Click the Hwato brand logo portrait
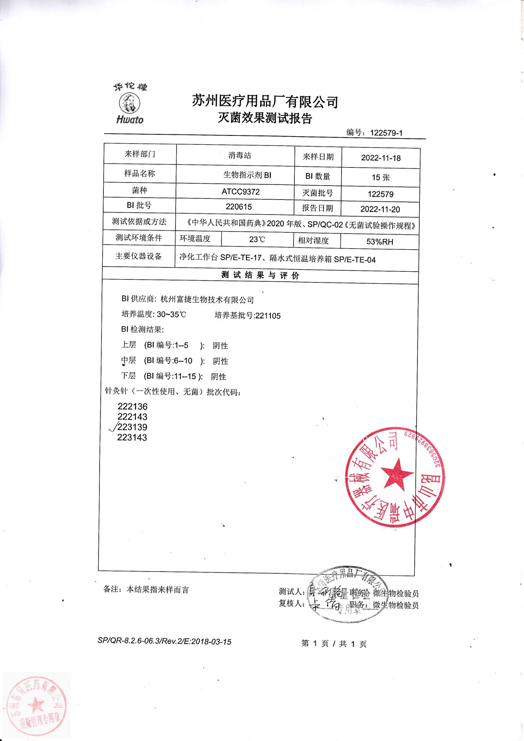(x=129, y=103)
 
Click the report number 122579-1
(x=386, y=133)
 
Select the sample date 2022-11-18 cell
(x=380, y=158)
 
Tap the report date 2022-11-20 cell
(x=380, y=209)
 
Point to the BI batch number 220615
(x=239, y=206)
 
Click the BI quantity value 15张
(x=380, y=177)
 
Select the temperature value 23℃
(x=257, y=240)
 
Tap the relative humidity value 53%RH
(x=380, y=242)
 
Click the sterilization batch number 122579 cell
(x=380, y=194)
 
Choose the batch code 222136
(x=132, y=406)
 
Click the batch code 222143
(x=132, y=417)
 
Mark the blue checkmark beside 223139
(x=113, y=427)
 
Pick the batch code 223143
(x=132, y=438)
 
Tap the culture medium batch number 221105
(x=268, y=316)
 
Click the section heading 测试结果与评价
(x=260, y=276)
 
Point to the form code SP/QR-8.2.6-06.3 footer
(x=164, y=642)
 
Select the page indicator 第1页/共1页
(x=334, y=643)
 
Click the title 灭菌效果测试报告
(x=265, y=118)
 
